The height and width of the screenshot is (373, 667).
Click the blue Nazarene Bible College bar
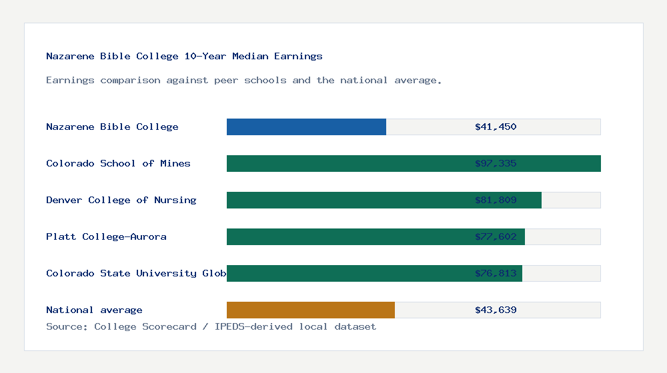tap(306, 127)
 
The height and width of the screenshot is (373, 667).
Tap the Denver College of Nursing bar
tap(347, 200)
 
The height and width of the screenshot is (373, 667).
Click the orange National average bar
tap(311, 310)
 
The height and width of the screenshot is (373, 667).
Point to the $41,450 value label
tap(496, 127)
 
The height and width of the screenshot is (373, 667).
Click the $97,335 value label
tap(496, 163)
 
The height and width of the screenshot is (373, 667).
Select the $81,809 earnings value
tap(496, 200)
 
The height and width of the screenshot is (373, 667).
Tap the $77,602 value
tap(496, 236)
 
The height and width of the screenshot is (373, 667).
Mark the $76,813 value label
tap(496, 273)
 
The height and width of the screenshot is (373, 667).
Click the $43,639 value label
tap(496, 310)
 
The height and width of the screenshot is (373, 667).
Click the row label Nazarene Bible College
tap(112, 127)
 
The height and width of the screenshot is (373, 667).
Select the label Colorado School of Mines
tap(118, 163)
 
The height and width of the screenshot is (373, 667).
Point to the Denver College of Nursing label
tap(121, 200)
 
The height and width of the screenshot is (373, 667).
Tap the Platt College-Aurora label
tap(106, 236)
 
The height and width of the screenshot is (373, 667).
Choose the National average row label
tap(94, 310)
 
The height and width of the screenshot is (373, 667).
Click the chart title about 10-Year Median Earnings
tap(184, 56)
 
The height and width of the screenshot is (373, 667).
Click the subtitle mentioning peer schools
tap(244, 80)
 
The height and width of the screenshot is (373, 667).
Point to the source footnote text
tap(211, 326)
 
